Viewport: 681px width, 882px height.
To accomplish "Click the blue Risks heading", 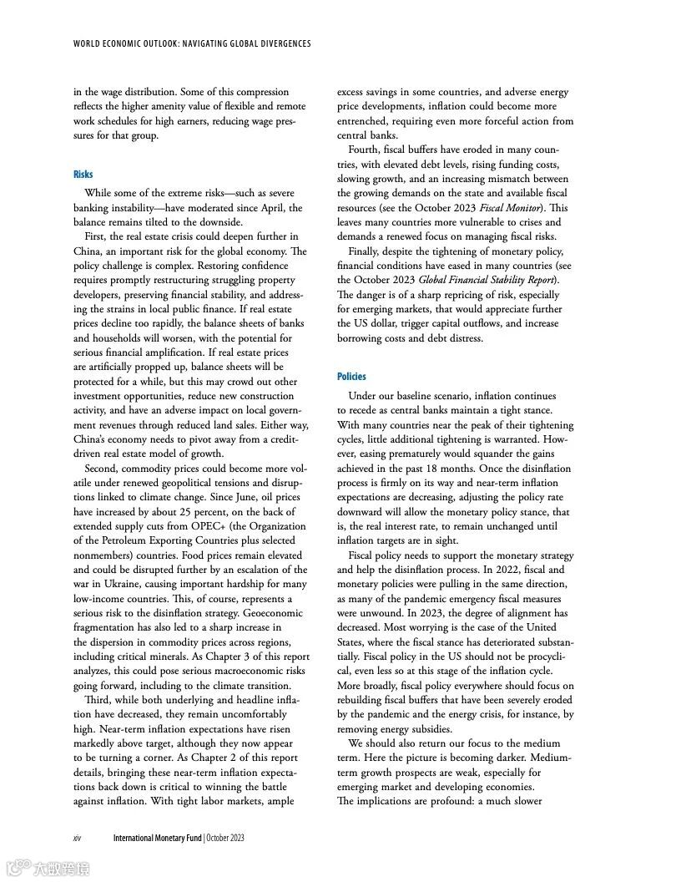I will coord(83,174).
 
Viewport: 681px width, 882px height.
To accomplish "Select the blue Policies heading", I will coord(351,377).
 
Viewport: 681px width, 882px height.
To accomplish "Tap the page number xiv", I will coord(78,838).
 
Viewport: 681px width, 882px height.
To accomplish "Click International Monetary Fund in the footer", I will coord(158,838).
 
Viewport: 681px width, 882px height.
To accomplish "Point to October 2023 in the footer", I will coord(225,838).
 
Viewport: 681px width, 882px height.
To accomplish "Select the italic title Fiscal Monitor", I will coord(509,207).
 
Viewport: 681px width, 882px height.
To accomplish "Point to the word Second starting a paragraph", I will coord(101,469).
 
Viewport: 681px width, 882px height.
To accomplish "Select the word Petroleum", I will coord(120,541).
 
